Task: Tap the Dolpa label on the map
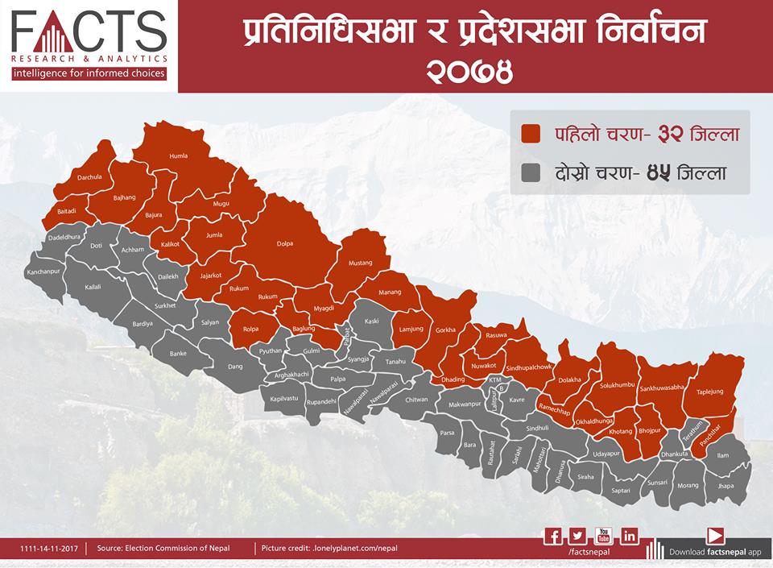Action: point(285,243)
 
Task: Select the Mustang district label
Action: point(360,263)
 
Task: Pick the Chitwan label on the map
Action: point(416,399)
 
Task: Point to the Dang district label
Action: point(235,367)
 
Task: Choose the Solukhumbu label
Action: point(618,386)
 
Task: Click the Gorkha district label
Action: point(445,330)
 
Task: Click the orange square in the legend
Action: point(531,134)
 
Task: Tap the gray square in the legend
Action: point(531,172)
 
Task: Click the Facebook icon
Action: point(553,536)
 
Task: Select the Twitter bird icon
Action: point(577,536)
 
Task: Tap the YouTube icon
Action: point(603,536)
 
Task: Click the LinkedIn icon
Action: point(629,536)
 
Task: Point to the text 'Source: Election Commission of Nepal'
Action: point(163,549)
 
